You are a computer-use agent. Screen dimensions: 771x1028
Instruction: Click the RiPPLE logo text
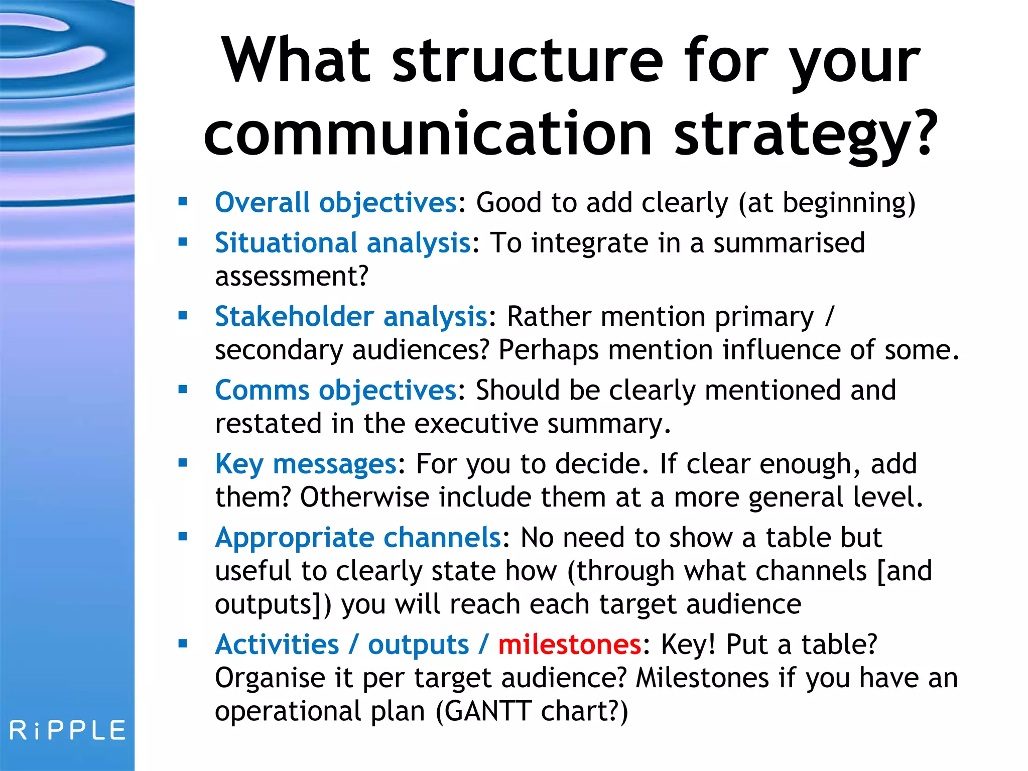pos(67,730)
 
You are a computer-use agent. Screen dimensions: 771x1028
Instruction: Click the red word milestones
pos(569,645)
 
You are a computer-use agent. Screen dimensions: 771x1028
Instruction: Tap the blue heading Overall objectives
pos(335,203)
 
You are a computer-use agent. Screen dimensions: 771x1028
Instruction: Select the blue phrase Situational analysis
pos(342,243)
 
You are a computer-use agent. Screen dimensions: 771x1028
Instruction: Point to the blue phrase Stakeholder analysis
pos(351,317)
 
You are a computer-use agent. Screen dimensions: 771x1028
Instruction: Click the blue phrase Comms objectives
pos(335,391)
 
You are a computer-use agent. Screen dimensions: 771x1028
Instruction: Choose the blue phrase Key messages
pos(306,464)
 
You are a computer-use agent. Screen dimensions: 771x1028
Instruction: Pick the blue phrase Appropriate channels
pos(358,538)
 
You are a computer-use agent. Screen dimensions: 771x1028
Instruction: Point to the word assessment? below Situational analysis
pos(292,277)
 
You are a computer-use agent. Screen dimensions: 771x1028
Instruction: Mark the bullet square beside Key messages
pos(183,463)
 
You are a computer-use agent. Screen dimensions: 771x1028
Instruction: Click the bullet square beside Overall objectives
pos(183,202)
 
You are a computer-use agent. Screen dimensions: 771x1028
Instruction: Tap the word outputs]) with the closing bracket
pos(273,604)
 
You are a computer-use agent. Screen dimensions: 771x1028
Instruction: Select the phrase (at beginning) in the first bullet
pos(827,203)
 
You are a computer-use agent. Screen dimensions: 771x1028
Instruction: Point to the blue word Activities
pos(277,645)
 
